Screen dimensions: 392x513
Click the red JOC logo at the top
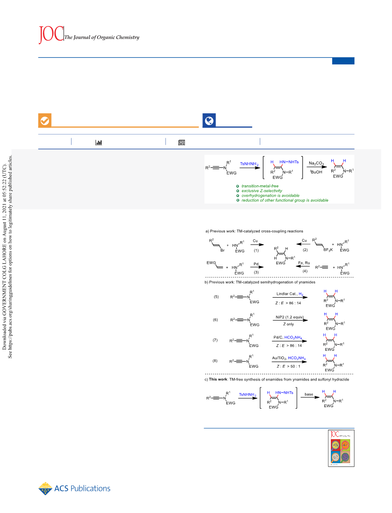51,34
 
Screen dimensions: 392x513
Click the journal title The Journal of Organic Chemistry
102,37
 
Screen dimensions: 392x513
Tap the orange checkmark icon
45,121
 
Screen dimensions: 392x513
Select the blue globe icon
209,121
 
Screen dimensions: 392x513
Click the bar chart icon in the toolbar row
98,142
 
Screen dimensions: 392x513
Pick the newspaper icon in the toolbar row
182,142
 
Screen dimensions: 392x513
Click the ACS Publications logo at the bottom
74,489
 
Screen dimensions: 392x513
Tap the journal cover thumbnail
341,448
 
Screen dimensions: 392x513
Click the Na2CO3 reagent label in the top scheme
316,163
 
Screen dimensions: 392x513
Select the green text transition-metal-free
260,186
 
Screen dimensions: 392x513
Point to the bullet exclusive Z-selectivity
262,191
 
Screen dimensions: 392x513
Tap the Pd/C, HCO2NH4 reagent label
288,337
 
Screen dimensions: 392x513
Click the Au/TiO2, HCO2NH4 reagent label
289,358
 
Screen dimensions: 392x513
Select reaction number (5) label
216,297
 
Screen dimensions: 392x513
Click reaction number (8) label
215,361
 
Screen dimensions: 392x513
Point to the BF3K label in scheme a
328,250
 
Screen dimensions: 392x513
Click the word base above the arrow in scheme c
309,394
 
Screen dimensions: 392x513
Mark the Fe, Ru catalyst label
304,263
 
